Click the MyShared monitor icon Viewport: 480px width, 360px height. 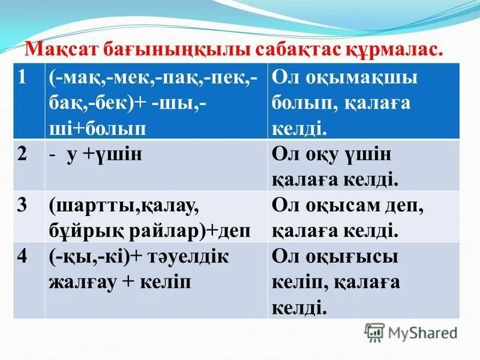click(374, 332)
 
